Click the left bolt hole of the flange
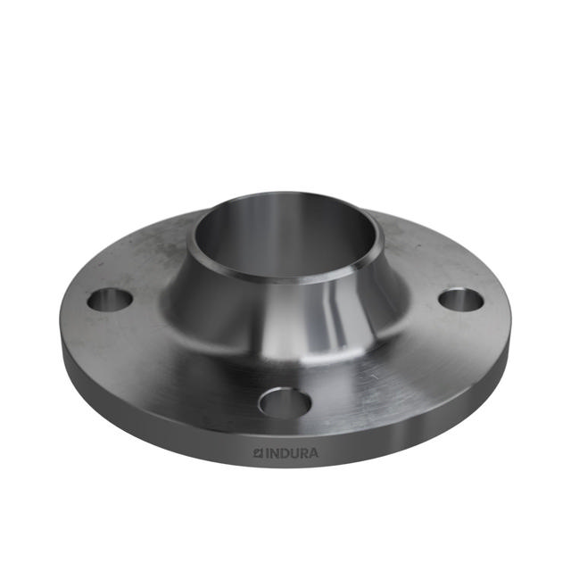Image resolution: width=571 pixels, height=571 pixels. [x=110, y=300]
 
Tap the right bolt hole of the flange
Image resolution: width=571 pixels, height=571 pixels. [x=461, y=300]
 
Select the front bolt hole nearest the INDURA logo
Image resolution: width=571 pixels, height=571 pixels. [x=285, y=403]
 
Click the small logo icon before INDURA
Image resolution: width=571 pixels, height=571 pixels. [x=258, y=453]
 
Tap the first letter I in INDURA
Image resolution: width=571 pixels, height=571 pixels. [x=267, y=453]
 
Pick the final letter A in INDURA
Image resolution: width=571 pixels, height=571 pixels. [x=312, y=453]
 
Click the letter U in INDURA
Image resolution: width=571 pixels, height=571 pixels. [x=294, y=453]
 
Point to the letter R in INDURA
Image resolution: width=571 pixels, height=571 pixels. [x=302, y=453]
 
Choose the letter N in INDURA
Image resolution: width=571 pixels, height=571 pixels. [x=274, y=453]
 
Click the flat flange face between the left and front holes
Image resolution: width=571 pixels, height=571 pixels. [x=178, y=366]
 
